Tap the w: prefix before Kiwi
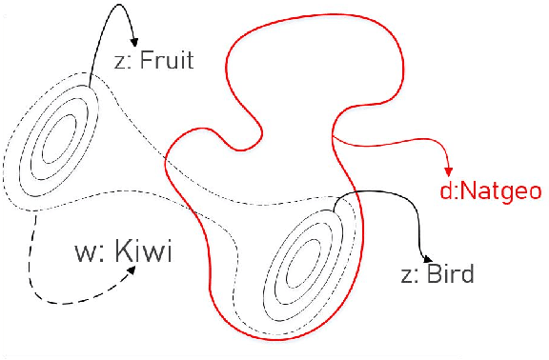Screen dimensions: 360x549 tap(87, 254)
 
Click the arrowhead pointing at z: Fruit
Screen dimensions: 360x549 tap(134, 44)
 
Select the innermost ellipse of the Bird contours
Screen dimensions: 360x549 tap(306, 258)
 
